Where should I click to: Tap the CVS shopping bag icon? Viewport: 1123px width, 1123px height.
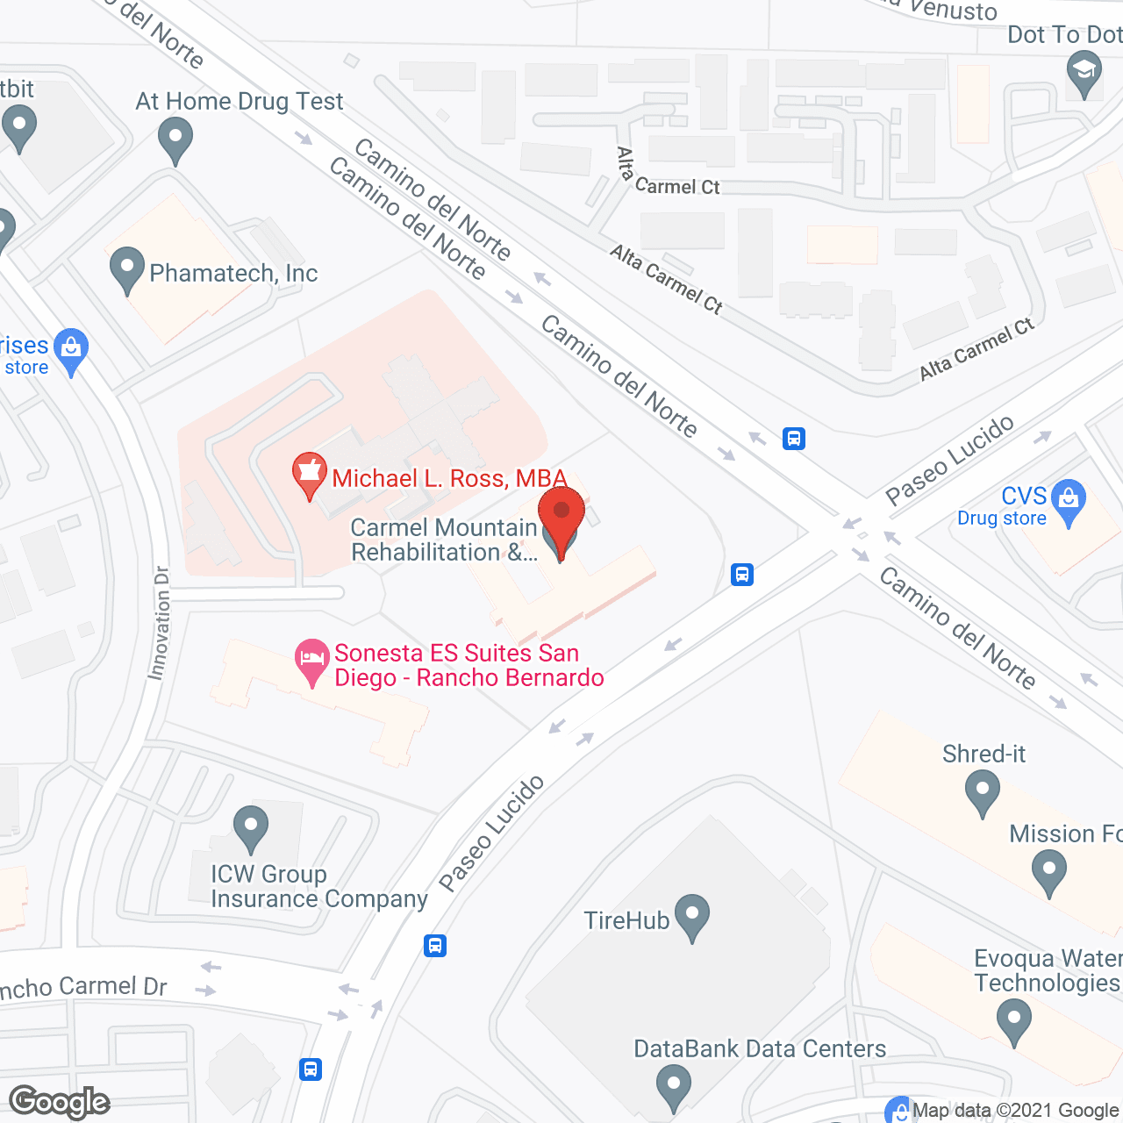point(1068,501)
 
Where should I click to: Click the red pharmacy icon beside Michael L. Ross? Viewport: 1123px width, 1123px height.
point(309,474)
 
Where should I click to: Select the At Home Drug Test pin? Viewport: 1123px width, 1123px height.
point(175,139)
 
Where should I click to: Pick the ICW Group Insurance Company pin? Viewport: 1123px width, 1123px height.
point(251,826)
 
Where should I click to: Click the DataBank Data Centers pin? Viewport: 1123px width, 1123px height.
point(673,1085)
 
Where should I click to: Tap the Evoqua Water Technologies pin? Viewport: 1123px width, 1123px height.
point(1014,1022)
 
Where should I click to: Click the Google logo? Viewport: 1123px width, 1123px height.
point(60,1102)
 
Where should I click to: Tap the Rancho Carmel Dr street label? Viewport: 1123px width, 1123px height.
point(83,987)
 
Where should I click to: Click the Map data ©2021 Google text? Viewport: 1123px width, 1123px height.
point(1017,1111)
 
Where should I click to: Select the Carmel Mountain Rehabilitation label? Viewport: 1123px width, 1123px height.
point(443,540)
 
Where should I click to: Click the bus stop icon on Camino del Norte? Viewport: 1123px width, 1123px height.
point(794,438)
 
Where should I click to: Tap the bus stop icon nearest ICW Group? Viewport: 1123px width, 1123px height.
point(435,946)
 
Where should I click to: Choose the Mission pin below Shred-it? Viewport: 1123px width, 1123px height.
point(1048,872)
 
